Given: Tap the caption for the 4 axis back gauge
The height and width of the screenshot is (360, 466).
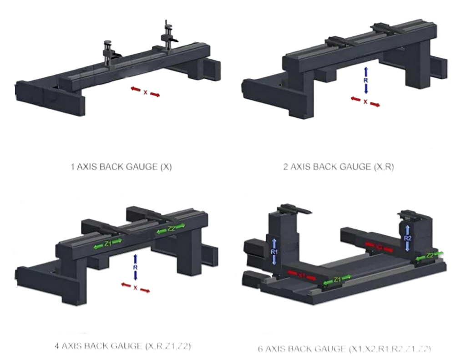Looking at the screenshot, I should tap(122, 346).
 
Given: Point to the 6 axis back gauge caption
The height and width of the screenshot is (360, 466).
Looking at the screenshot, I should tap(344, 349).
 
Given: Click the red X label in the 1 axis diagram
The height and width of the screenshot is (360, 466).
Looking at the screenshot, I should tap(146, 92).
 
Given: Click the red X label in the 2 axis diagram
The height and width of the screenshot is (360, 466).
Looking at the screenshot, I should tap(365, 101).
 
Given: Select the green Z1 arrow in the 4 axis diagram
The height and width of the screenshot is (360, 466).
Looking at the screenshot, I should tap(108, 244).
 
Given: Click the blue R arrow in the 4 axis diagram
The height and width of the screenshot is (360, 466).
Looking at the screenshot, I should tap(135, 268).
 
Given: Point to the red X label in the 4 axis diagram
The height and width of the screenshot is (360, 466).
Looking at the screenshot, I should tap(135, 288).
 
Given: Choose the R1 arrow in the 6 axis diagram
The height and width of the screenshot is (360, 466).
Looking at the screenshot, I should tap(274, 252).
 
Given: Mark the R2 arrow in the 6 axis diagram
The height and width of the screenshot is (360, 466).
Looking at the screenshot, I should tap(408, 238).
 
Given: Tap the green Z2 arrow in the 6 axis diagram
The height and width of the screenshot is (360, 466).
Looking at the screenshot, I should tap(430, 256).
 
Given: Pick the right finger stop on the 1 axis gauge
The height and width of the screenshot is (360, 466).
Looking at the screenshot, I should tap(167, 34).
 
